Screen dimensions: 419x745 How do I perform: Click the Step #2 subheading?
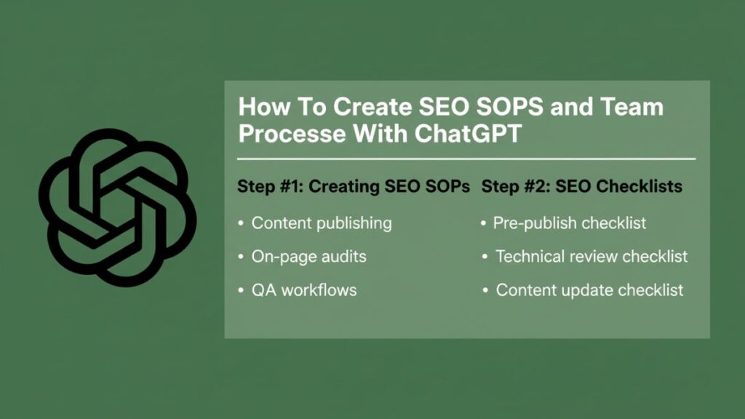[x=582, y=186]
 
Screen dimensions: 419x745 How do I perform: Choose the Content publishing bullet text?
[x=322, y=223]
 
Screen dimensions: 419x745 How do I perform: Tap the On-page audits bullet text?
[x=308, y=256]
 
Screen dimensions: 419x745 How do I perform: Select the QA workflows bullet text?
[x=304, y=290]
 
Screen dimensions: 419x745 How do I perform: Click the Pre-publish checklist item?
[x=569, y=223]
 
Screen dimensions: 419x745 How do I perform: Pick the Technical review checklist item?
[x=591, y=256]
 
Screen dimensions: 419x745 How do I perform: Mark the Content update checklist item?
[x=589, y=290]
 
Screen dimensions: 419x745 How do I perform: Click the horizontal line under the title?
[x=466, y=159]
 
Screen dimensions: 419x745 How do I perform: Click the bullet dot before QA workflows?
[x=241, y=290]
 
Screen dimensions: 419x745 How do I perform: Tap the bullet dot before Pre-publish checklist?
[x=484, y=223]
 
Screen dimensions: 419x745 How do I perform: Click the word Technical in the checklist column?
[x=530, y=256]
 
